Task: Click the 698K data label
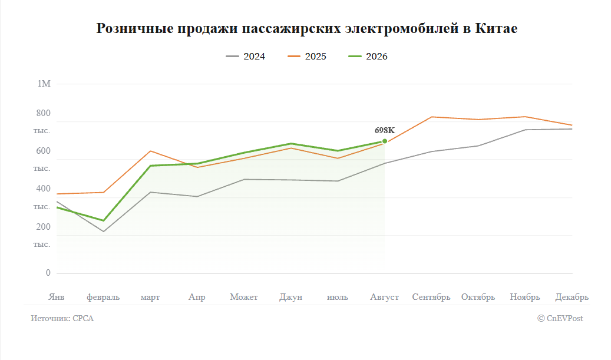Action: tap(385, 131)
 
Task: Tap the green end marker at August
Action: tap(385, 141)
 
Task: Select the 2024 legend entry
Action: tap(246, 57)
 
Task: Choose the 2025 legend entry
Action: tap(306, 57)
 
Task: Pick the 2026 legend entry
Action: tap(368, 57)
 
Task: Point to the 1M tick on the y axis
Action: tap(44, 84)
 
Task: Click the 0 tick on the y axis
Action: tap(48, 273)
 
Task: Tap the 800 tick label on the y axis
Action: tap(43, 113)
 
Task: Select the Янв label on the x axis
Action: tap(57, 298)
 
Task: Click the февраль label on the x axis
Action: tap(103, 298)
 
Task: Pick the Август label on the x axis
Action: tap(384, 298)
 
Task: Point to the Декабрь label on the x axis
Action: tap(572, 298)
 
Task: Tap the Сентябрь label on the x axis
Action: tap(431, 298)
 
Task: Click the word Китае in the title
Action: tap(496, 28)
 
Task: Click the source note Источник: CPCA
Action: tap(62, 318)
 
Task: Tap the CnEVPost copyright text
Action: tap(560, 318)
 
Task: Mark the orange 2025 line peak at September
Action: tap(432, 117)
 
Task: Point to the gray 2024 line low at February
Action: tap(104, 232)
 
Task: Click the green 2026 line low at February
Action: tap(104, 220)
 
